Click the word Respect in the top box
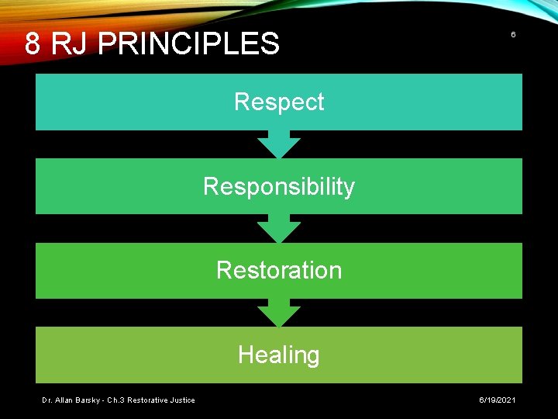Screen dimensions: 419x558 point(279,102)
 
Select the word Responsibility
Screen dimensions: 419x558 point(279,186)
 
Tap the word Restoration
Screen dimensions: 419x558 point(279,270)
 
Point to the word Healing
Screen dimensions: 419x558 point(279,355)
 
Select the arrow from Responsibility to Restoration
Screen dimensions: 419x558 point(279,228)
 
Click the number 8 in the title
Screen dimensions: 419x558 point(33,43)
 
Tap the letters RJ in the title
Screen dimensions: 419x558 point(70,43)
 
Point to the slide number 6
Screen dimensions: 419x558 point(512,36)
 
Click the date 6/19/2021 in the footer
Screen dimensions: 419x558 point(496,400)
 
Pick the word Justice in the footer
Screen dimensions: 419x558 point(181,400)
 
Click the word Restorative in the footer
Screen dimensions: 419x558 point(149,400)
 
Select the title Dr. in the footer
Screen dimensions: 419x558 point(47,400)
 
